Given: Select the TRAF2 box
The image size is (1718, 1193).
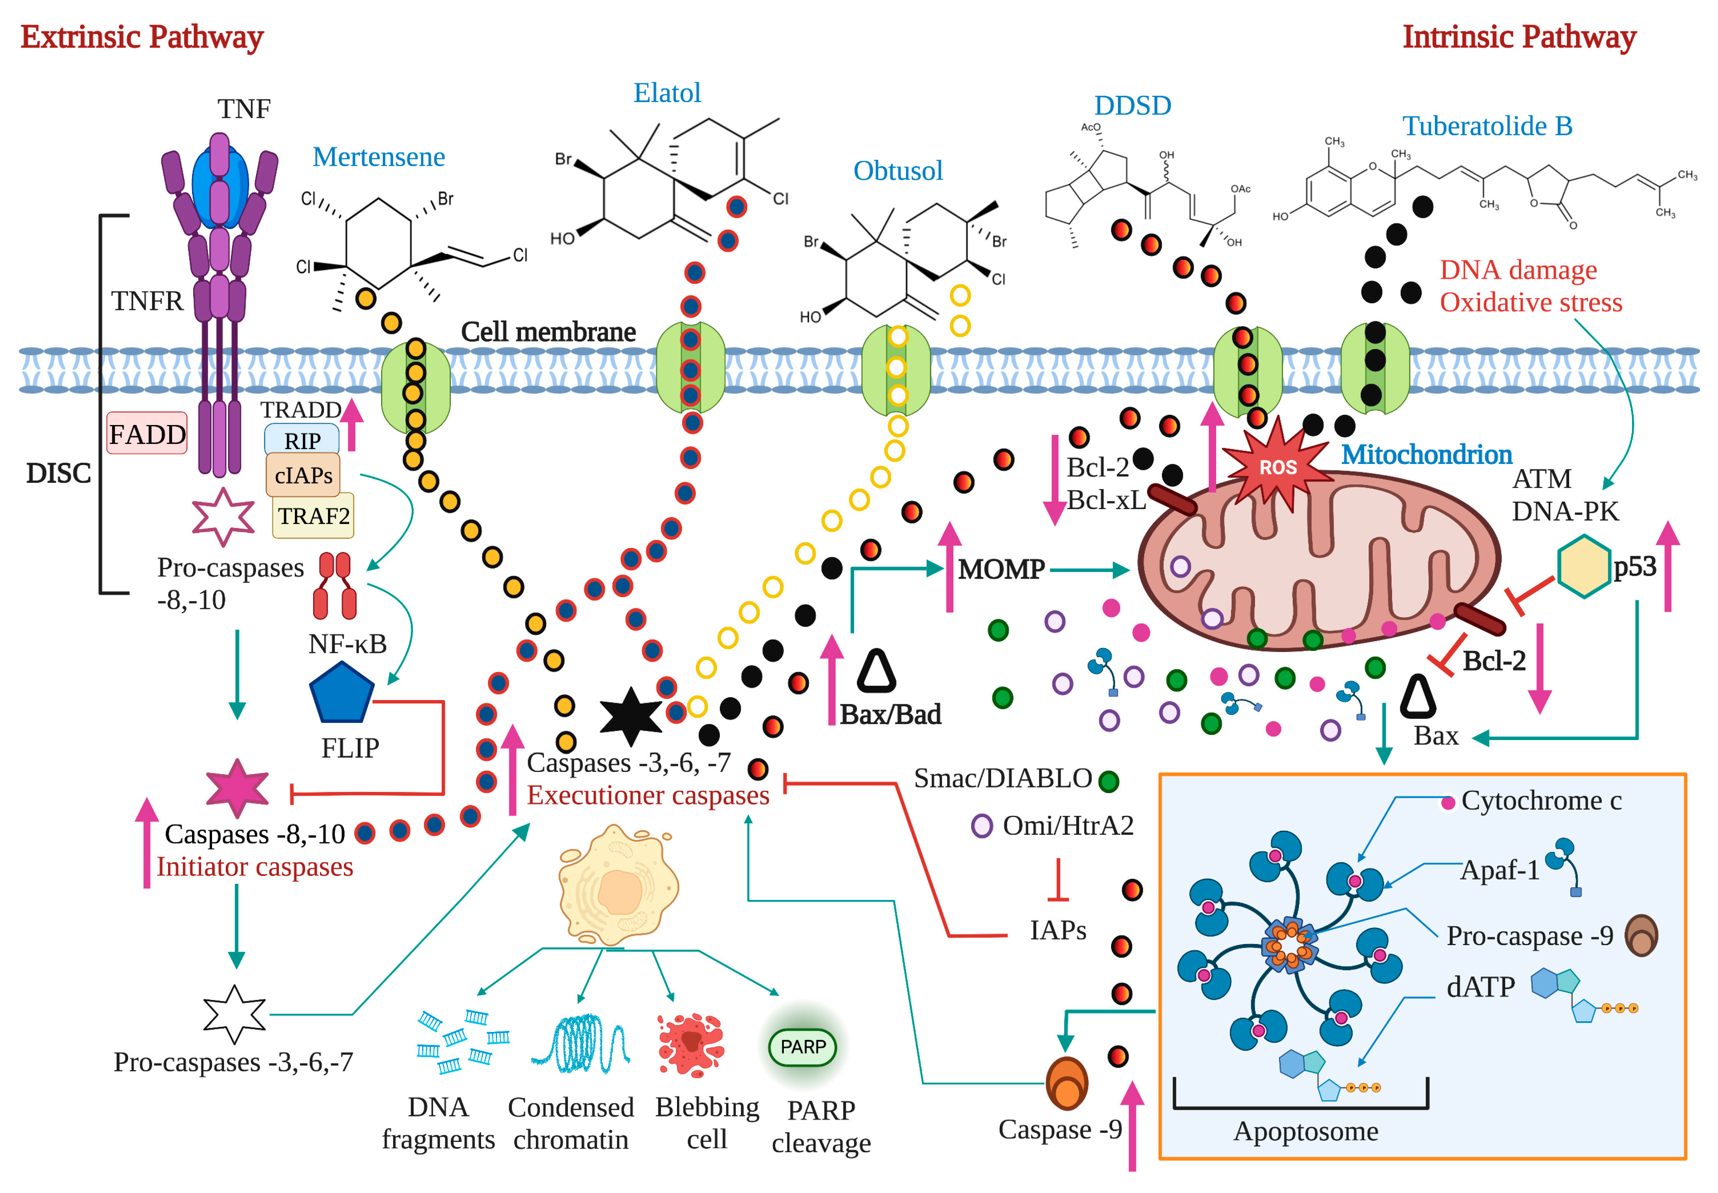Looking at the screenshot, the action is point(313,516).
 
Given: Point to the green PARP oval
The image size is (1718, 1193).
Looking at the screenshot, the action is point(803,1046).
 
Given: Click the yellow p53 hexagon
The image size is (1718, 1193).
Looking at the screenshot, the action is point(1583,566).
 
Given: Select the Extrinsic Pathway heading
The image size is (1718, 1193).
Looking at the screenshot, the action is point(142,37).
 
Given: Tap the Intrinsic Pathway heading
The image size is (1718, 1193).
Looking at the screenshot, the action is point(1519,37).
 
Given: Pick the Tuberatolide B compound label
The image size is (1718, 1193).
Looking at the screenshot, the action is point(1487,126).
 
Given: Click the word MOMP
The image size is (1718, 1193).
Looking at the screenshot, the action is point(1001,570).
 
